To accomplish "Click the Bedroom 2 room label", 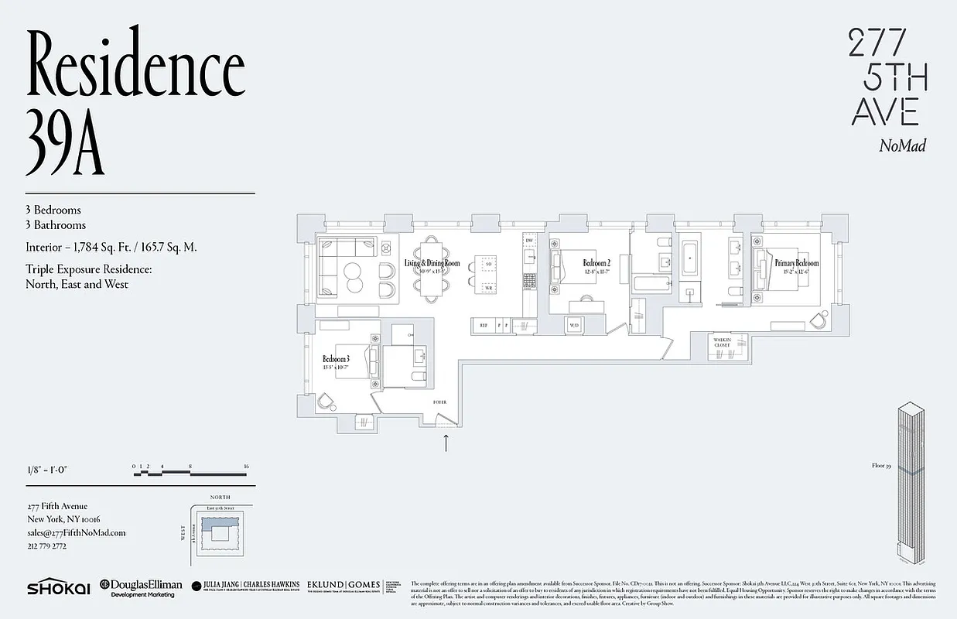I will (597, 264).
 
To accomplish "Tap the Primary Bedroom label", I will (796, 264).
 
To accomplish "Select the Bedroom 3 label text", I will (337, 359).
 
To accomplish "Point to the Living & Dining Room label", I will (432, 264).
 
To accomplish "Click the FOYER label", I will (439, 403).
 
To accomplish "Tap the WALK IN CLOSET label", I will (722, 343).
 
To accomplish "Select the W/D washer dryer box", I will (574, 326).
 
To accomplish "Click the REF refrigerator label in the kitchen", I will (483, 326).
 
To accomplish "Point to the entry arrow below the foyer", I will (446, 443).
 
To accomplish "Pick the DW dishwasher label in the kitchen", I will (529, 241).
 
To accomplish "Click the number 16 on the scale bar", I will (244, 467).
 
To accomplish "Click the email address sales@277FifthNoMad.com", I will (76, 532).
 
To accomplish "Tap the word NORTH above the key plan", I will (221, 498).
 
